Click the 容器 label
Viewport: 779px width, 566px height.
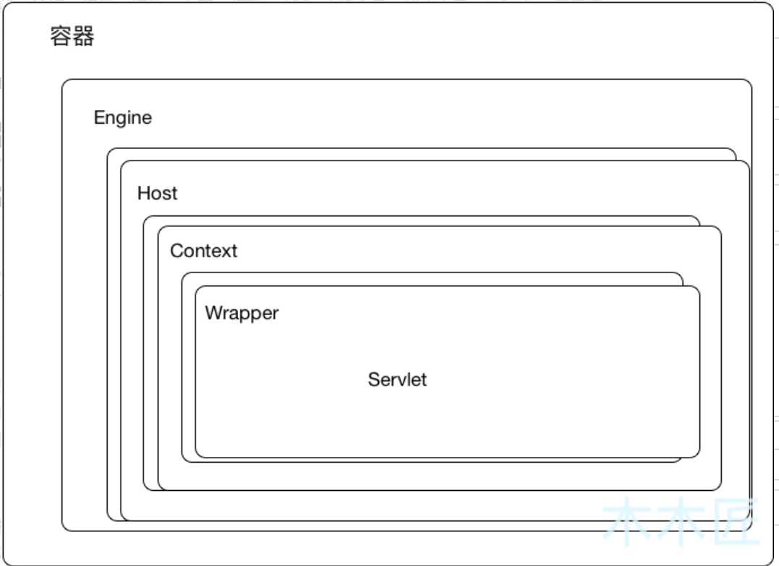pyautogui.click(x=72, y=35)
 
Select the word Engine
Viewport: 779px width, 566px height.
pyautogui.click(x=123, y=118)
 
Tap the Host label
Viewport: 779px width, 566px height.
pyautogui.click(x=157, y=192)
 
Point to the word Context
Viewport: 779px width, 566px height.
pyautogui.click(x=204, y=251)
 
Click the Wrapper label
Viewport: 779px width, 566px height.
pyautogui.click(x=242, y=313)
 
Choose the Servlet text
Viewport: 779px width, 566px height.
pyautogui.click(x=397, y=380)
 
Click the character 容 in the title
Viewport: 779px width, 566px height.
pyautogui.click(x=61, y=35)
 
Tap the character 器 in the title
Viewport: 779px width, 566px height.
pyautogui.click(x=83, y=35)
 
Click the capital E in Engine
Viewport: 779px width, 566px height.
pyautogui.click(x=99, y=118)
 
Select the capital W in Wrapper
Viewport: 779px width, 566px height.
pyautogui.click(x=215, y=313)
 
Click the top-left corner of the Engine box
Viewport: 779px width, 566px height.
pyautogui.click(x=62, y=80)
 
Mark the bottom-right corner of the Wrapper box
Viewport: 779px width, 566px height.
pyautogui.click(x=699, y=458)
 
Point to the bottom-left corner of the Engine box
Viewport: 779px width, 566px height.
pyautogui.click(x=62, y=531)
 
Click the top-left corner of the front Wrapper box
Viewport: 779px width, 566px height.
pyautogui.click(x=196, y=286)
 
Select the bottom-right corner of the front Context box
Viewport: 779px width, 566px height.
pyautogui.click(x=721, y=490)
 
